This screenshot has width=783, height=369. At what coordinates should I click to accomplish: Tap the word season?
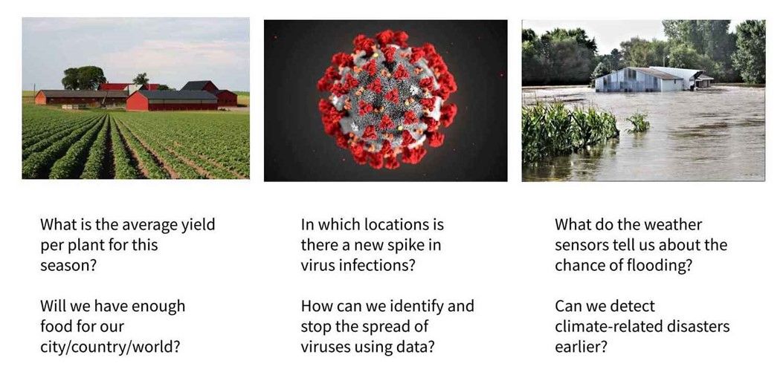68,265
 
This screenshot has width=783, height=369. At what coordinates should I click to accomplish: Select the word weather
674,225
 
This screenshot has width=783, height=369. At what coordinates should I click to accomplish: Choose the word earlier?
581,347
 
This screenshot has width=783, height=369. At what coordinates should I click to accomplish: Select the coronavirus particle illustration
385,99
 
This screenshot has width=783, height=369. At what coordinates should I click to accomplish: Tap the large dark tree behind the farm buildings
83,77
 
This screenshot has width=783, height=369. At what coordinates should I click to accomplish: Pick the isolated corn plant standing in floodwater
638,123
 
